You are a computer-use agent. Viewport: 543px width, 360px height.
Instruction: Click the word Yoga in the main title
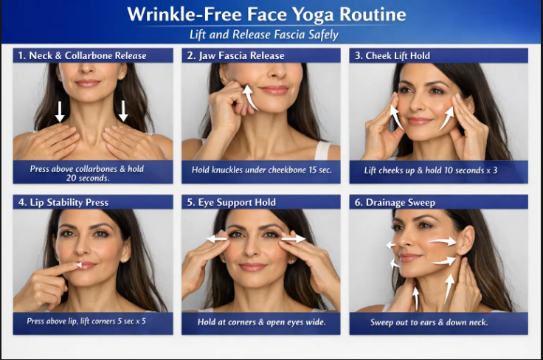pos(313,15)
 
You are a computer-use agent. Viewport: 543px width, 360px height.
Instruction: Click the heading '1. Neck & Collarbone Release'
pos(82,55)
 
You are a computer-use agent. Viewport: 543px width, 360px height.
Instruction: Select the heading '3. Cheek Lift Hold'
pos(392,56)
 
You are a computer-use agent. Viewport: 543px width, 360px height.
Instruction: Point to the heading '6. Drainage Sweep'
pos(395,202)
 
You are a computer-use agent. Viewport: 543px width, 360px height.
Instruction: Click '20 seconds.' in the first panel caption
pos(88,179)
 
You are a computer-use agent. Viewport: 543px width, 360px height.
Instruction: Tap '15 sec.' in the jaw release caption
pos(320,170)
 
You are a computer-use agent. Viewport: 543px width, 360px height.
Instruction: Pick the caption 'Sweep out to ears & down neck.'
pos(429,322)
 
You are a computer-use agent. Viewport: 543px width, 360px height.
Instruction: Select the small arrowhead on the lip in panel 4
pos(79,265)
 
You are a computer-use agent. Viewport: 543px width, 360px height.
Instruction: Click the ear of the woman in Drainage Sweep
pos(466,240)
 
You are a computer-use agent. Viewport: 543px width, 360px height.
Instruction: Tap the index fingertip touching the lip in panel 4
pos(75,266)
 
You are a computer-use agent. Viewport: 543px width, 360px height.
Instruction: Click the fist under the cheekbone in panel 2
pos(229,104)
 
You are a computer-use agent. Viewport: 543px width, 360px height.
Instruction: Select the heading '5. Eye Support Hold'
pos(232,202)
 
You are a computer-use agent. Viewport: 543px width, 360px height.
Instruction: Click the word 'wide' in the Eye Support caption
pos(317,322)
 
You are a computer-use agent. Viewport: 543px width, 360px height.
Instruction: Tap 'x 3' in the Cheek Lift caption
pos(492,170)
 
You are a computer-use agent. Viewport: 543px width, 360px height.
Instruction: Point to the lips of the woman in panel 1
pos(87,83)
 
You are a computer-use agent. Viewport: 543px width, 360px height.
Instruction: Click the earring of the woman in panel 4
pos(125,259)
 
